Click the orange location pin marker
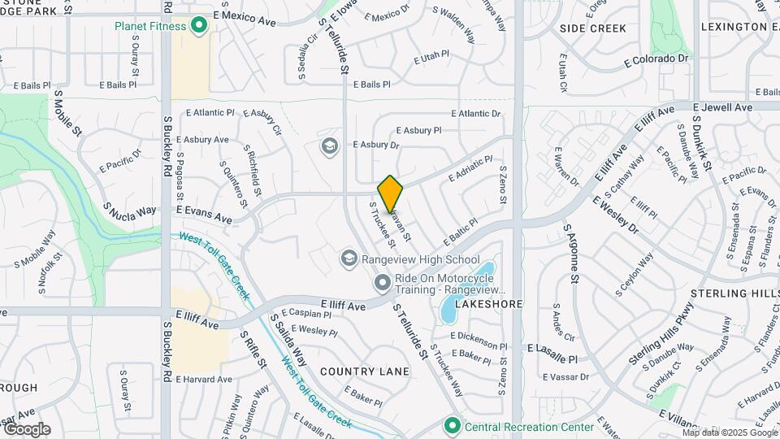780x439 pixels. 391,193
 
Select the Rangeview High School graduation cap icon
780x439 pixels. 349,259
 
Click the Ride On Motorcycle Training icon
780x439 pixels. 382,284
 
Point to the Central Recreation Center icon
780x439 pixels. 452,425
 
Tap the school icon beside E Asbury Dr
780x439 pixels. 329,146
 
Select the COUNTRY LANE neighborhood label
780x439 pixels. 365,372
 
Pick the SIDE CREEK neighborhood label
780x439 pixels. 593,28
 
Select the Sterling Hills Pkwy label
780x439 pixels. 661,335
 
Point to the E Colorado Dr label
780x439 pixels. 656,59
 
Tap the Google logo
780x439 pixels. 27,428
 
